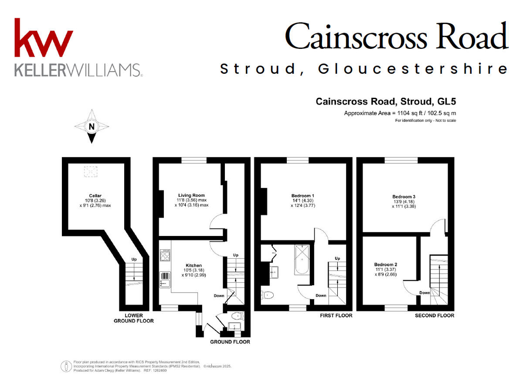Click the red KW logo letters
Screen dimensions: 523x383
44,38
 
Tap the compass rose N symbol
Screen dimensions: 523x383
92,127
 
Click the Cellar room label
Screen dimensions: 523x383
92,195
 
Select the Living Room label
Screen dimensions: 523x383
191,195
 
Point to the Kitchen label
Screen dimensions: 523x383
194,265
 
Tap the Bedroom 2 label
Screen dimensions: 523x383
386,264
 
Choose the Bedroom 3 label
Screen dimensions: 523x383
403,197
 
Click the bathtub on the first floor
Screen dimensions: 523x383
302,260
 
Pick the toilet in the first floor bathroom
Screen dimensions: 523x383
267,295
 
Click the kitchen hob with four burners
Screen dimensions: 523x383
166,255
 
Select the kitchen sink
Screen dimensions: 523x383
165,280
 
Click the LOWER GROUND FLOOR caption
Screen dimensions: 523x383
134,318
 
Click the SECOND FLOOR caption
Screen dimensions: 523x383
434,315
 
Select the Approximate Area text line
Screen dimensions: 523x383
400,113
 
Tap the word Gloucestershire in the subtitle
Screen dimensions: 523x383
413,69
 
